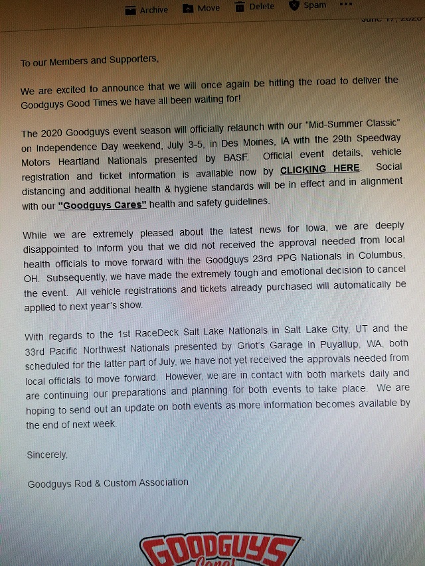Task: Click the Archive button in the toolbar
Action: [147, 9]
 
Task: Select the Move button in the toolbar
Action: [201, 8]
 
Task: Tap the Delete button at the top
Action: [254, 7]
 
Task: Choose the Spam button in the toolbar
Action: [308, 5]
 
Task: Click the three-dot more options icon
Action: [346, 4]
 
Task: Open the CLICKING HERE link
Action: [320, 169]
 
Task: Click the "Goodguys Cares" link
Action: [102, 204]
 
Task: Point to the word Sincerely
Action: [47, 455]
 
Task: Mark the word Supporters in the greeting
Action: [131, 60]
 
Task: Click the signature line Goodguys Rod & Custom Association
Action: [108, 483]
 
